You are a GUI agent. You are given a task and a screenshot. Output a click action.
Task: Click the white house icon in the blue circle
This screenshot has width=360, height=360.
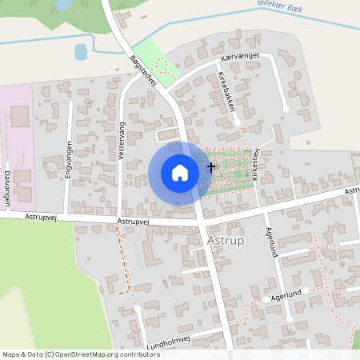(x=180, y=172)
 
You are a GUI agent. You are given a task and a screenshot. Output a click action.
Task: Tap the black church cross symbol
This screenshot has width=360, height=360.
(x=211, y=167)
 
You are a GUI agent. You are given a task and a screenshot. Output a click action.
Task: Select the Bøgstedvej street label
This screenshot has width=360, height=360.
(x=142, y=70)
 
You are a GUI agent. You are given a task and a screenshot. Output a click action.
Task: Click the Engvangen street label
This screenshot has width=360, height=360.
(x=69, y=158)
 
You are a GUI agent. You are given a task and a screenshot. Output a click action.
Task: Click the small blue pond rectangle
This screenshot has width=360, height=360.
(x=81, y=52)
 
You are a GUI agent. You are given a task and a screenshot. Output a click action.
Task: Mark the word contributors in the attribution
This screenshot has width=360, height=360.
(x=137, y=354)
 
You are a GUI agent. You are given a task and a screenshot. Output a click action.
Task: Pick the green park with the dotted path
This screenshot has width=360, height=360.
(x=164, y=66)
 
